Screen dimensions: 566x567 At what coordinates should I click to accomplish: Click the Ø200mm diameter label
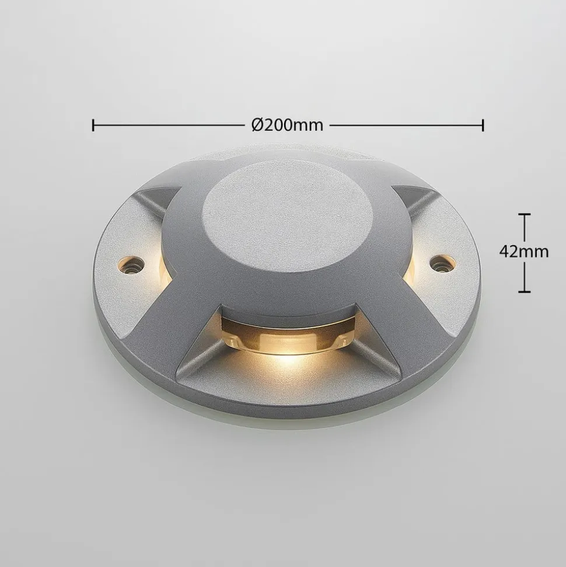tap(287, 125)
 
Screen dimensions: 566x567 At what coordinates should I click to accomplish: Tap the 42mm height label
tap(524, 251)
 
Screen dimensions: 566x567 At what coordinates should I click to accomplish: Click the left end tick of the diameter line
tap(93, 125)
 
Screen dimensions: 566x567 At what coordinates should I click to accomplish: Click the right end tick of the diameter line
tap(483, 125)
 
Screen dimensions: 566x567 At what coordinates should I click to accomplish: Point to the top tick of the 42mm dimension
tap(525, 214)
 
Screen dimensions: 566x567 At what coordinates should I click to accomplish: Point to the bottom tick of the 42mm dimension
tap(525, 291)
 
